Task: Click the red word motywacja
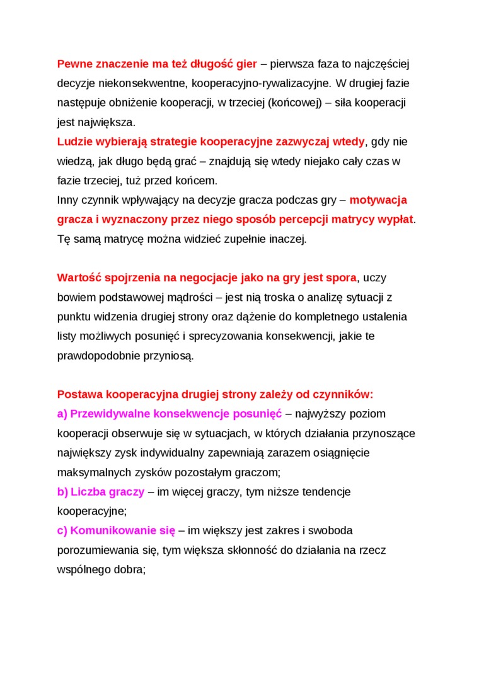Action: (378, 200)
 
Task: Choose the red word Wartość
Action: (78, 278)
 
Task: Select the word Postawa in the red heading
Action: (79, 395)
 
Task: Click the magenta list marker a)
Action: (62, 414)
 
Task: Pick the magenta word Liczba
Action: (86, 491)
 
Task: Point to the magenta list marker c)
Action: (62, 530)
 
